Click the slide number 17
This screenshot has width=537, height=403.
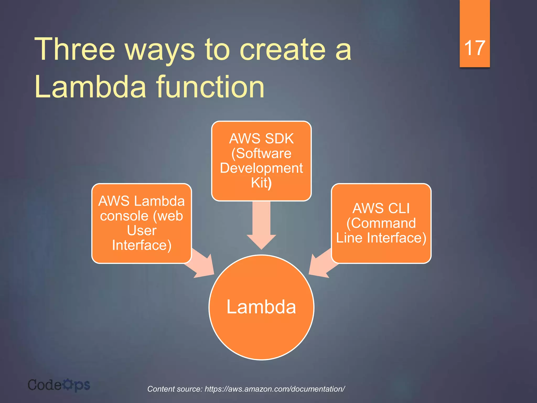coord(475,48)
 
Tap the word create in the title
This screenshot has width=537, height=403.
coord(282,49)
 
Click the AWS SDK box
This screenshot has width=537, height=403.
coord(261,161)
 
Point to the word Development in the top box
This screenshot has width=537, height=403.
coord(261,168)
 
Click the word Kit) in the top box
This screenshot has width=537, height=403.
coord(261,183)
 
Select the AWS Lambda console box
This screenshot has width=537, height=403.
coord(142,223)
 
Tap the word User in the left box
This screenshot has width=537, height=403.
coord(142,231)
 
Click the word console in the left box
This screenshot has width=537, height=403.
coord(124,216)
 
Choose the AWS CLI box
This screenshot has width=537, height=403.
coord(381,223)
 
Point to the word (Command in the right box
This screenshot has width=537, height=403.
coord(381,223)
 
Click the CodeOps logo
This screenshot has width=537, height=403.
coord(59,385)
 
